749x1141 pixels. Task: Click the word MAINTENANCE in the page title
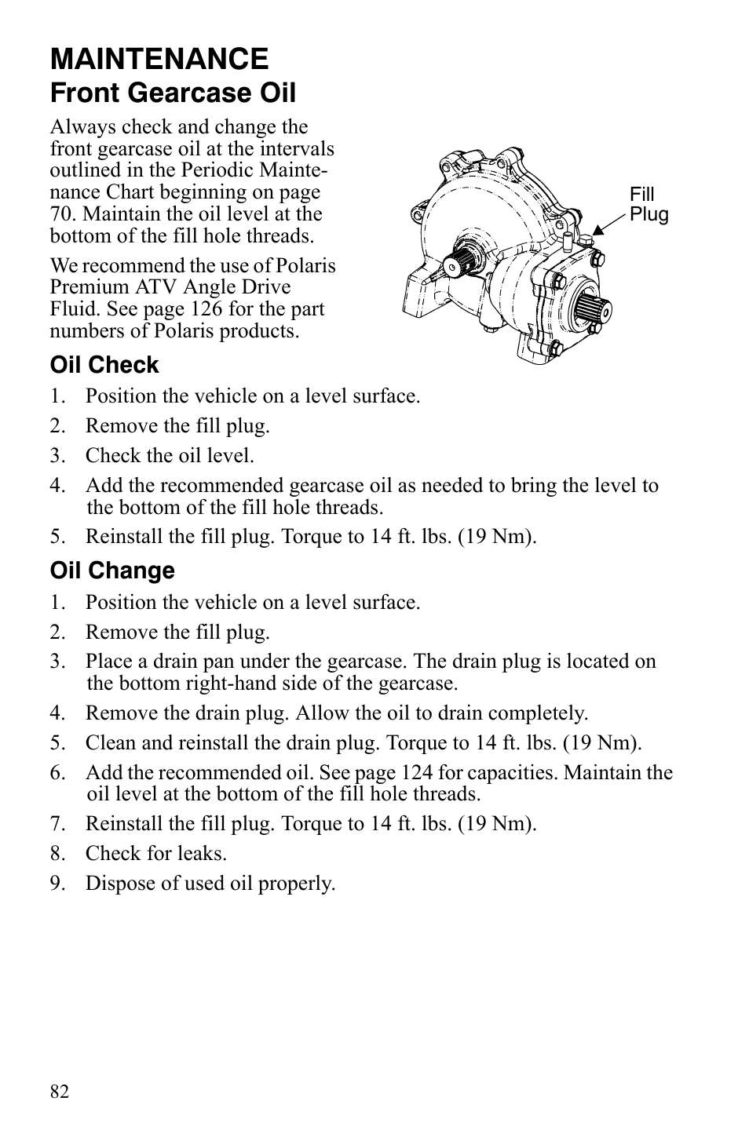pyautogui.click(x=159, y=59)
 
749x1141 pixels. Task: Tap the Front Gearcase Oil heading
pyautogui.click(x=173, y=93)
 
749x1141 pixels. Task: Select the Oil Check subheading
pyautogui.click(x=104, y=365)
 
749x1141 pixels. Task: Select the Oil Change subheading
pyautogui.click(x=112, y=570)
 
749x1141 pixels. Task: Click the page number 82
pyautogui.click(x=60, y=1092)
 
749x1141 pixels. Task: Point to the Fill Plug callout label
pyautogui.click(x=648, y=205)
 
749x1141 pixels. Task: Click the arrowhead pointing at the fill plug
pyautogui.click(x=597, y=230)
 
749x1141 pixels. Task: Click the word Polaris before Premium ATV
pyautogui.click(x=306, y=266)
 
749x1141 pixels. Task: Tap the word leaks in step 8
pyautogui.click(x=203, y=854)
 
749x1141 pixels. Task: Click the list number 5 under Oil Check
pyautogui.click(x=56, y=537)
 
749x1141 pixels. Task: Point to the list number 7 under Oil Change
pyautogui.click(x=56, y=824)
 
